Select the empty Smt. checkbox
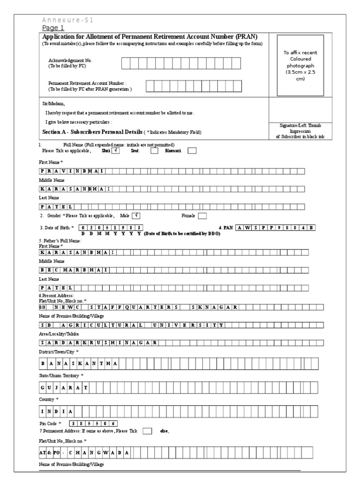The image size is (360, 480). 154,151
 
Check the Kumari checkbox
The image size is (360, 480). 192,151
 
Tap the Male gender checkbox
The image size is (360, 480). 136,216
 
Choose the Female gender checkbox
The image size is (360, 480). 202,216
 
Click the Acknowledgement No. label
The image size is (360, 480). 70,61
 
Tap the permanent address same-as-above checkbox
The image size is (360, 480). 147,431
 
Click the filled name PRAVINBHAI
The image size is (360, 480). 72,172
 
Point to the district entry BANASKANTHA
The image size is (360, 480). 79,364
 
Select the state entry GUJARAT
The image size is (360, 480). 63,387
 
